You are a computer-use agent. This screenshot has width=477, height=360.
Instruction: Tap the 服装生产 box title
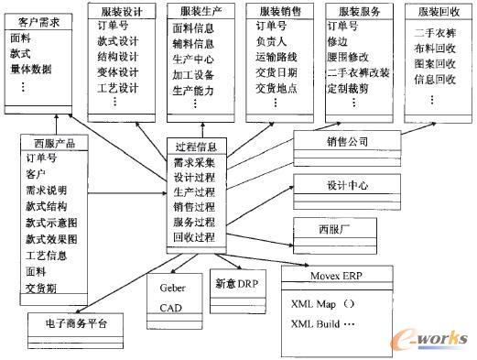197,12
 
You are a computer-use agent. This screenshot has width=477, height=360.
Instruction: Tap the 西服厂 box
335,227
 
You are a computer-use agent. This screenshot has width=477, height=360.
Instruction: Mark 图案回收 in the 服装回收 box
434,63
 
